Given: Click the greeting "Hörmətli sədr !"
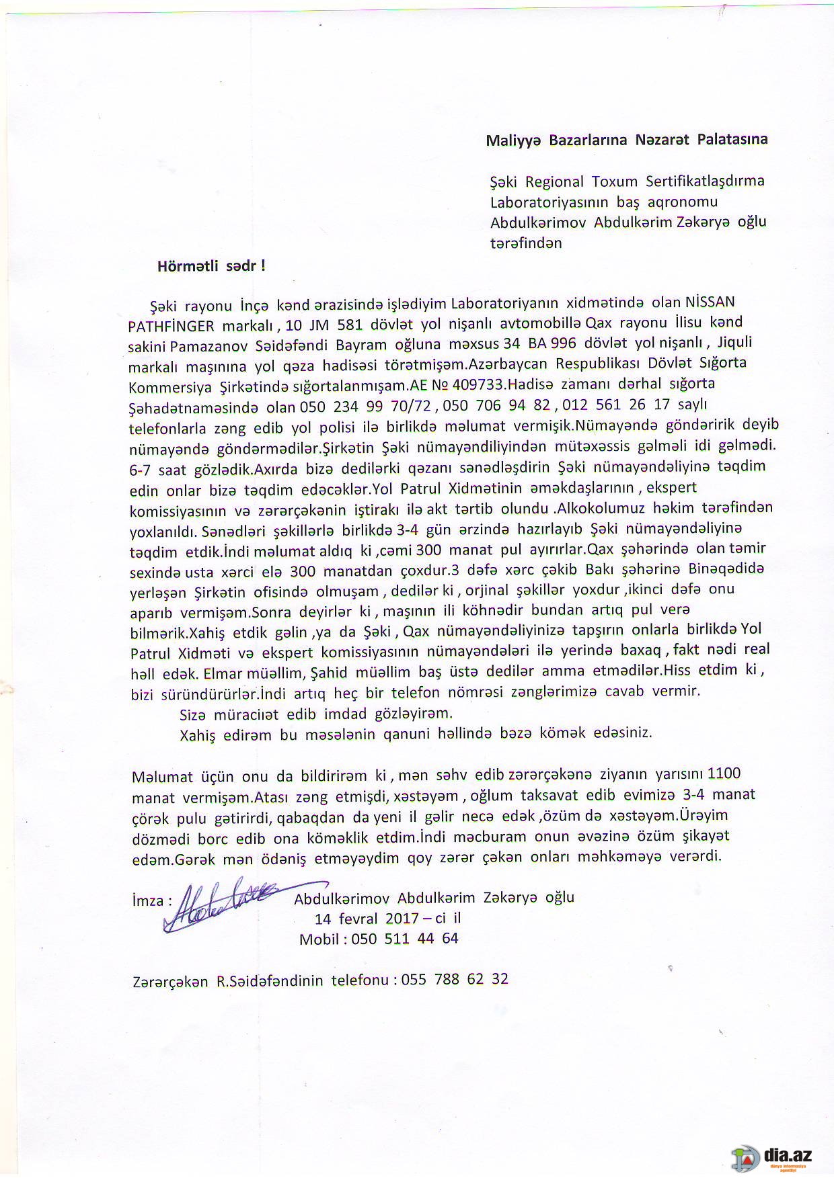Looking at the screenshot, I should [x=211, y=265].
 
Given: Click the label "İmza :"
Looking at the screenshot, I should [x=152, y=900].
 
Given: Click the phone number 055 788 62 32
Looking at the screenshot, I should [x=455, y=979].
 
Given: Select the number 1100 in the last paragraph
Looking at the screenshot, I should [x=724, y=773].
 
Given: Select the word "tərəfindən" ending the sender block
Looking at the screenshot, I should [x=526, y=243].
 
